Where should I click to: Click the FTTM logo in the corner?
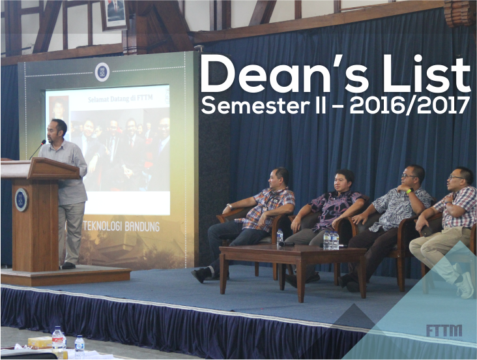point(444,331)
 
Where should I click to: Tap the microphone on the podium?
point(38,149)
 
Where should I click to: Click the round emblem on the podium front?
point(22,200)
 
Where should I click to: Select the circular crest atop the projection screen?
point(102,72)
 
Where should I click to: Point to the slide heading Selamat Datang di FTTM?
point(120,98)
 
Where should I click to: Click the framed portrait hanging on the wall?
point(115,14)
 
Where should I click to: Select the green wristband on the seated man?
point(409,191)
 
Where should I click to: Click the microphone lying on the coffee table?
point(286,244)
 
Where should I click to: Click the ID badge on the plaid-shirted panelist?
point(264,209)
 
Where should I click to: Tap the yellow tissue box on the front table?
point(40,342)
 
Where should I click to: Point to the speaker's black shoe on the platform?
point(68,265)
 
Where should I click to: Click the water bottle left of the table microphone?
point(280,237)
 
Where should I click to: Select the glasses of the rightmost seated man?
point(454,177)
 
